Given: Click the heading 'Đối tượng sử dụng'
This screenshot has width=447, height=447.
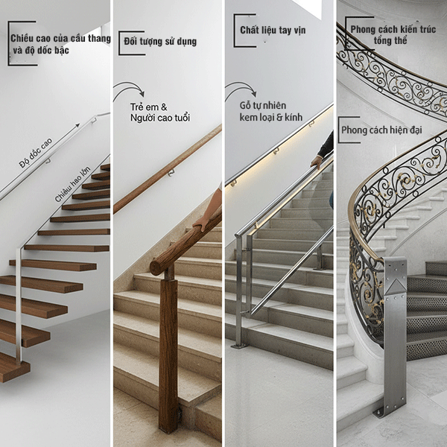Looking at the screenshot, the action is (x=160, y=42).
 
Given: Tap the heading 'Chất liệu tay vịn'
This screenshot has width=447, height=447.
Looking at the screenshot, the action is (x=273, y=31).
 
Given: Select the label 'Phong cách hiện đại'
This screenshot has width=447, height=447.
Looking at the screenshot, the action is (x=381, y=130).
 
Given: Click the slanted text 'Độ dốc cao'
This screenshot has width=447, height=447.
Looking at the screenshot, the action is (x=36, y=153).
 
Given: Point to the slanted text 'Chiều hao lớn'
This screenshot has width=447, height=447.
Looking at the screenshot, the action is (x=73, y=184).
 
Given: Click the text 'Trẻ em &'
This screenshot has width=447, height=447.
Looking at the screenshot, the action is (x=148, y=107).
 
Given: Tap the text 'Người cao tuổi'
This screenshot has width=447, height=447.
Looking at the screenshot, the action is (x=160, y=118).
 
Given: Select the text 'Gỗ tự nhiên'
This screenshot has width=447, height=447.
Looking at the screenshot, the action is (x=262, y=106).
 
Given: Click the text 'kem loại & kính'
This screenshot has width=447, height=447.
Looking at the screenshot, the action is (x=271, y=117).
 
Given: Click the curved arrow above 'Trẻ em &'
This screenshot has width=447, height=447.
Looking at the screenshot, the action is (x=129, y=85).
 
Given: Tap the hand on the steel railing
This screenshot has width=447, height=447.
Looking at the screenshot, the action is (x=316, y=162).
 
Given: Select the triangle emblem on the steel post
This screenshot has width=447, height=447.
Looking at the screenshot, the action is (x=395, y=286).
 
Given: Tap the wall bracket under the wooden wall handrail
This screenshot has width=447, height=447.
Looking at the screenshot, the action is (x=171, y=172).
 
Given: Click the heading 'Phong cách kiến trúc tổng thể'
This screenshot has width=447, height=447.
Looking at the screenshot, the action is (x=393, y=35).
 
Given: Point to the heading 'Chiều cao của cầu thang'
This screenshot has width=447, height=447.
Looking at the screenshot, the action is (x=61, y=38).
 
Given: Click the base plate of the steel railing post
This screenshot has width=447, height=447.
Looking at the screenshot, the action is (x=239, y=346).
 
